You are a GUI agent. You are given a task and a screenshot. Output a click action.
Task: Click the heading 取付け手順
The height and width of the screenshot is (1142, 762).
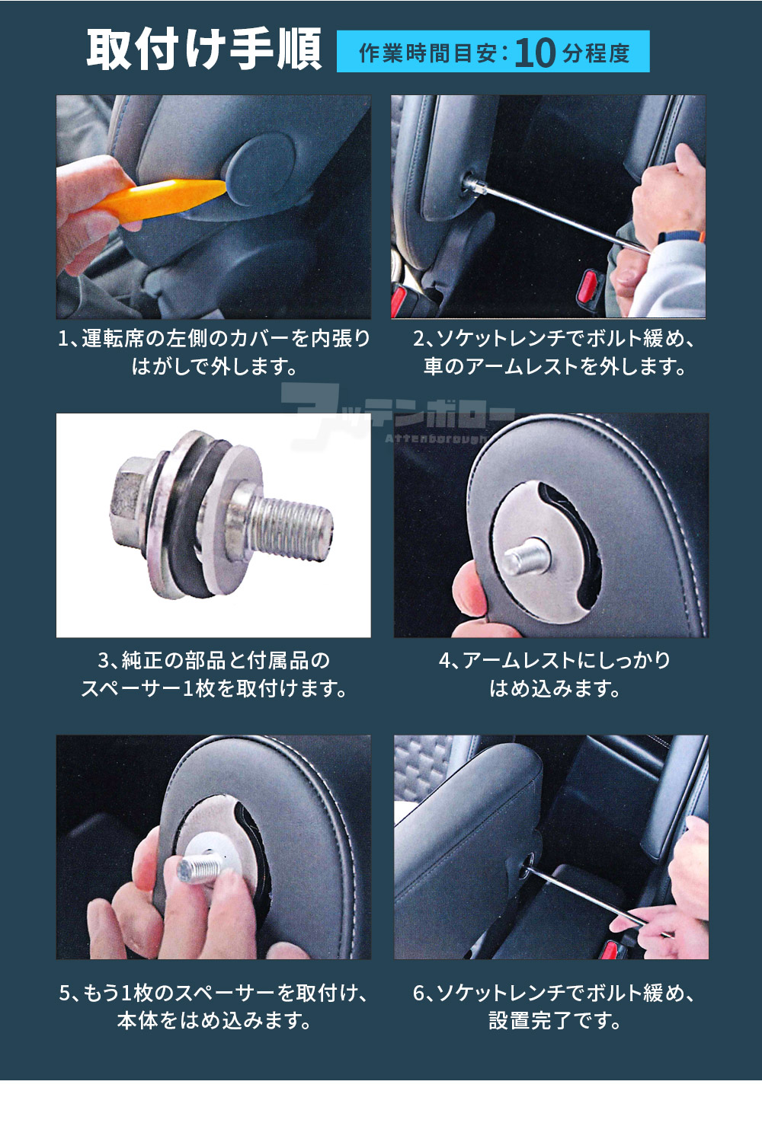[204, 49]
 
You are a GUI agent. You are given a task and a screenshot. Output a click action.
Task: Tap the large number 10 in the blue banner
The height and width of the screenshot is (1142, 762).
[534, 53]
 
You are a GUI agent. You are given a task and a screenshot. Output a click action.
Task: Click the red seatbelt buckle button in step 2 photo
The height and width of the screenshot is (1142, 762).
[589, 285]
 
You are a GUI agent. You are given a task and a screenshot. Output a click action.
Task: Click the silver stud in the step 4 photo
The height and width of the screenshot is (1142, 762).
[527, 555]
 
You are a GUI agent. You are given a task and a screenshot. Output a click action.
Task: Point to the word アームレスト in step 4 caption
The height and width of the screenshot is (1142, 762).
[520, 661]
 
